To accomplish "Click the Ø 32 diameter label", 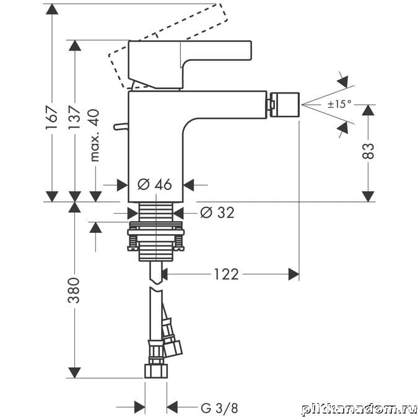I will pyautogui.click(x=217, y=212).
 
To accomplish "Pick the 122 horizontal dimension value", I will pyautogui.click(x=226, y=274).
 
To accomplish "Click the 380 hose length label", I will pyautogui.click(x=74, y=290).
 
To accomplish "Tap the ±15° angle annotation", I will pyautogui.click(x=339, y=104).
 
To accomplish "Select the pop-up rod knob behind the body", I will pyautogui.click(x=119, y=126).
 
